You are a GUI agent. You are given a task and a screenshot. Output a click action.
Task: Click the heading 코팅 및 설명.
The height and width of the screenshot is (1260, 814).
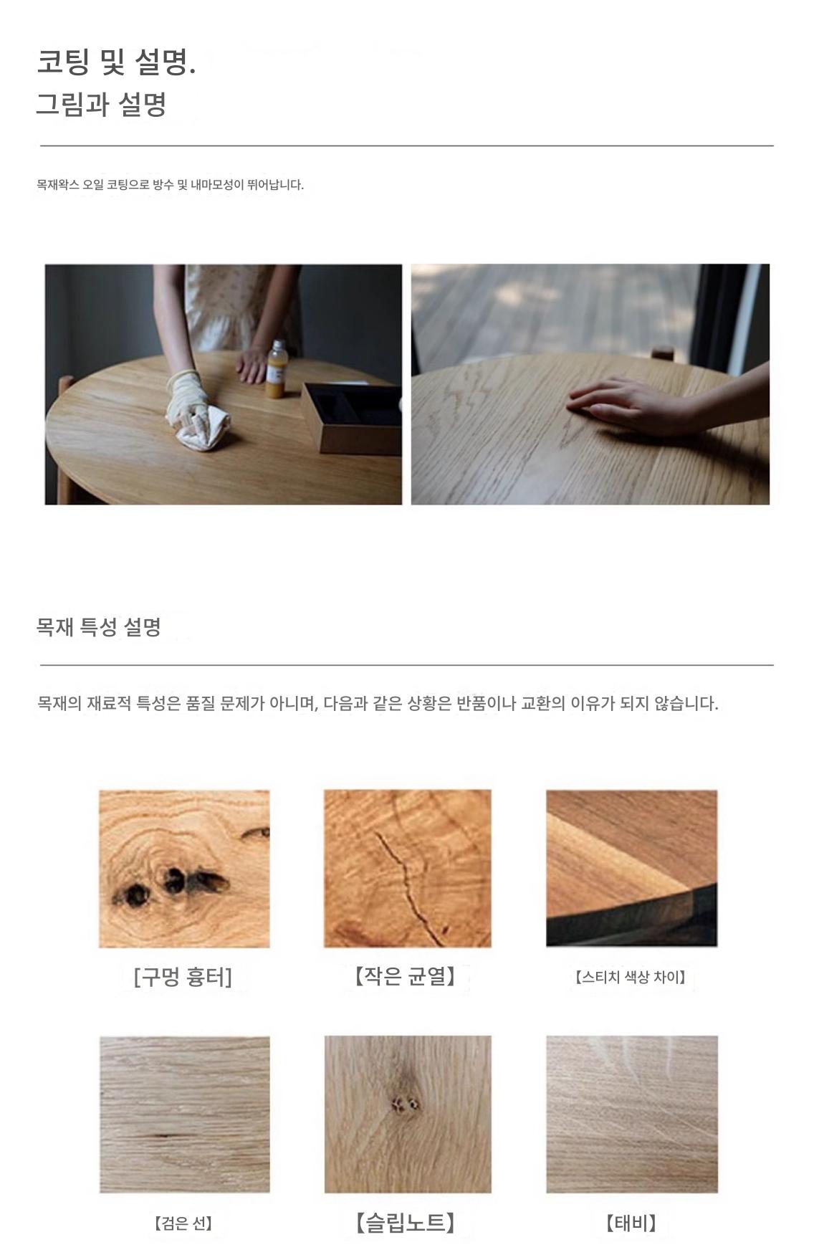116,63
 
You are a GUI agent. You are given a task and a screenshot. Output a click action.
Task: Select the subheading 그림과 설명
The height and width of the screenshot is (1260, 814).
101,105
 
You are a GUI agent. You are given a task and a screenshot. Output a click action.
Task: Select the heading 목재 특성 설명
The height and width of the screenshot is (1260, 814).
99,627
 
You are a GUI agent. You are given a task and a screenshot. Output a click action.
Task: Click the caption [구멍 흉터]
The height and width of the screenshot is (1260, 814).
183,977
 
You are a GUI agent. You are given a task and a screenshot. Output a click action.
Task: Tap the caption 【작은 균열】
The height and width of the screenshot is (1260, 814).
406,976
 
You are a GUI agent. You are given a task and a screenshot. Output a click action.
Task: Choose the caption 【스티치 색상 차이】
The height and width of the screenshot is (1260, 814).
631,977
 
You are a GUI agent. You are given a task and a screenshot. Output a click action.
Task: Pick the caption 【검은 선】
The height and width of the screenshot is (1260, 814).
183,1223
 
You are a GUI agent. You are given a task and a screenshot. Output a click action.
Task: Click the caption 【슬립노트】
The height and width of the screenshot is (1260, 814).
406,1222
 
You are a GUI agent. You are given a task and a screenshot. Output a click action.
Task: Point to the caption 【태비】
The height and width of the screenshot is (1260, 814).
631,1223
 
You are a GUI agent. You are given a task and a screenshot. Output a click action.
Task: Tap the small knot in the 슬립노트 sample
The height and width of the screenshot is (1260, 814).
406,1104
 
